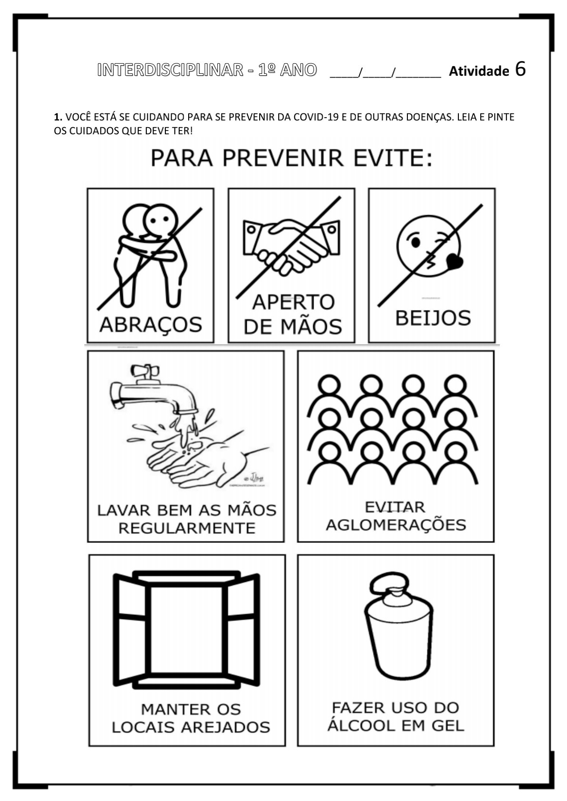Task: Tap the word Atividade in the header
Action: coord(479,71)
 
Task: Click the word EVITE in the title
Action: coord(393,159)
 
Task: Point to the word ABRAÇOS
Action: coord(151,325)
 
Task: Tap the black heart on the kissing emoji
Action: coord(455,261)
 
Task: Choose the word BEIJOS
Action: coord(433,318)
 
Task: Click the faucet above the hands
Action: coord(154,391)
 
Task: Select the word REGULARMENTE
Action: coord(187,528)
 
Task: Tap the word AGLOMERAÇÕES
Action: coord(396,525)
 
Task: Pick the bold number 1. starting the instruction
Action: coord(58,117)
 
